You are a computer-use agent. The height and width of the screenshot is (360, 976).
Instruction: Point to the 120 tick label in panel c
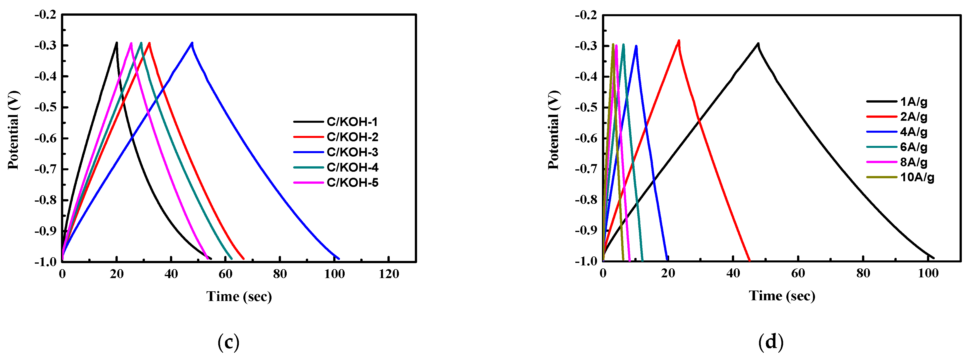click(389, 274)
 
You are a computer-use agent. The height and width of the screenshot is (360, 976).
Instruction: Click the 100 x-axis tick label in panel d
click(928, 273)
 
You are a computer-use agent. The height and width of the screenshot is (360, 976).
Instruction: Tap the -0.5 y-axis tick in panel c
click(46, 107)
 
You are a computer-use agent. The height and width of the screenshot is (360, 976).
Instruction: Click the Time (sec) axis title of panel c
click(239, 296)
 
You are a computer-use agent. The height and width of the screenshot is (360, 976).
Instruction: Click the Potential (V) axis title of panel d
click(553, 130)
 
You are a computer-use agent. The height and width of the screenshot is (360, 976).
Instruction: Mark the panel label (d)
click(771, 342)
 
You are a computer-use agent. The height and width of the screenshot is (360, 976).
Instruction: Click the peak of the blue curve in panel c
click(192, 43)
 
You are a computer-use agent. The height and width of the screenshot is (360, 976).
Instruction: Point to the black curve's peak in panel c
click(117, 43)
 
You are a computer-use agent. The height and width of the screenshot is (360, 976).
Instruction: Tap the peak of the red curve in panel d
click(679, 41)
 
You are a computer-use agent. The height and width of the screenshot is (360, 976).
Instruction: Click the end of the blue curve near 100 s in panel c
click(339, 259)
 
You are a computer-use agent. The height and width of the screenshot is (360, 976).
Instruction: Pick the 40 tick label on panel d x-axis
click(733, 273)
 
